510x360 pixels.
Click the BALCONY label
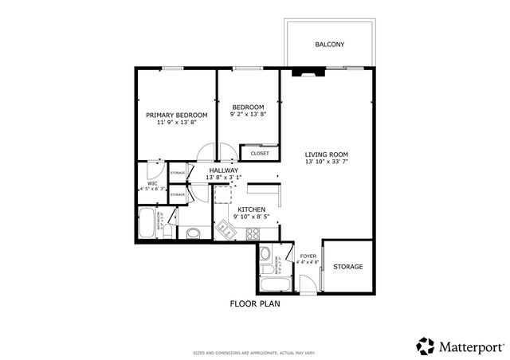(x=329, y=45)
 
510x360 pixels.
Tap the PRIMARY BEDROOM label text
(x=176, y=115)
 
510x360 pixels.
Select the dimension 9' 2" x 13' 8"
(x=248, y=115)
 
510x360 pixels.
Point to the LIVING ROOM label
(x=327, y=155)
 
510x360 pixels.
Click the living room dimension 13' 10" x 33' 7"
(x=327, y=162)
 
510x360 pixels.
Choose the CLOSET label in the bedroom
(x=260, y=153)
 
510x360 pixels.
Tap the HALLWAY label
(x=224, y=170)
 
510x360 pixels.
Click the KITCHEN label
(x=251, y=209)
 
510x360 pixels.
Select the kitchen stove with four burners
(x=254, y=233)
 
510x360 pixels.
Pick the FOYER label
(x=308, y=256)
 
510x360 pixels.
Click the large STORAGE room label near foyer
(x=348, y=266)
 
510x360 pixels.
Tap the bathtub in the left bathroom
(x=147, y=224)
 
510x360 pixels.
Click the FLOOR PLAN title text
(x=255, y=303)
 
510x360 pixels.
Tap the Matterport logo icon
(x=426, y=346)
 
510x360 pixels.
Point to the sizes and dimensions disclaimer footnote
(x=255, y=352)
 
